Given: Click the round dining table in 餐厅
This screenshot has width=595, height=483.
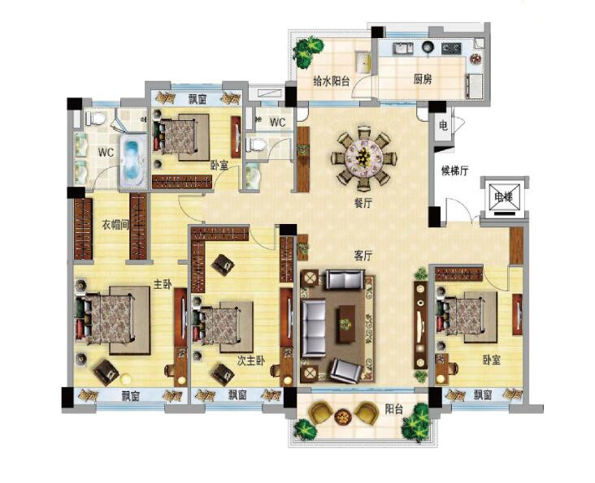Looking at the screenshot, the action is point(364,156).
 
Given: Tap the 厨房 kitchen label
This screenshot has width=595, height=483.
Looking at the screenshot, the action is point(423,80).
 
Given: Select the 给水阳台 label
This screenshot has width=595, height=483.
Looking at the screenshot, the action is point(331,80).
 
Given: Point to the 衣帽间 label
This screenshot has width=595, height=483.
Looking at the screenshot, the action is point(115,225).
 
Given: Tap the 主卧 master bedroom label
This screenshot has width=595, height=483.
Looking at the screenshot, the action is point(162,284).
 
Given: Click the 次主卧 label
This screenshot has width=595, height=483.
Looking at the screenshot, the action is point(251,361).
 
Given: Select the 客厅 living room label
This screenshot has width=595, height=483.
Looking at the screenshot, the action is point(363,256).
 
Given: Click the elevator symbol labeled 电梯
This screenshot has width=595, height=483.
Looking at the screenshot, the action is point(504,197).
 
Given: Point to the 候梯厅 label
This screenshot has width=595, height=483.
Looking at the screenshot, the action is point(454,170).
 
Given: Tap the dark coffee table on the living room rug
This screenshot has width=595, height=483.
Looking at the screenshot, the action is point(345,324).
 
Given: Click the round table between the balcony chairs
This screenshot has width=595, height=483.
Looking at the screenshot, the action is point(343,416).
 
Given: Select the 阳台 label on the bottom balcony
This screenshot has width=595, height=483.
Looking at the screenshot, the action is point(394,409).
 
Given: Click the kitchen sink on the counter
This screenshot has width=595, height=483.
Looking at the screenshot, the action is point(403,48).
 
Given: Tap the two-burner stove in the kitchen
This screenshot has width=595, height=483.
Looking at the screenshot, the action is point(452,48).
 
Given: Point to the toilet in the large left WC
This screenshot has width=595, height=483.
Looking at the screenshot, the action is point(95,119).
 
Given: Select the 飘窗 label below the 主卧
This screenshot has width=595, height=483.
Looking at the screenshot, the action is point(131,396).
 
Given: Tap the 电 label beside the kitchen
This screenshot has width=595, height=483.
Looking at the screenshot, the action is point(443,125).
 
